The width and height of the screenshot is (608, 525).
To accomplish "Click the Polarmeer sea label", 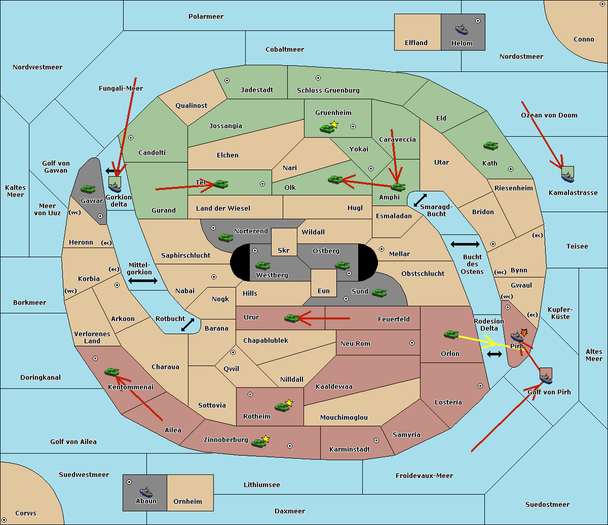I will coord(206,17).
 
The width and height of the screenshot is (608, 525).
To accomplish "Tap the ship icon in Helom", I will coord(462,29).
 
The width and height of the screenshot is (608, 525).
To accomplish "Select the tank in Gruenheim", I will coord(327,129).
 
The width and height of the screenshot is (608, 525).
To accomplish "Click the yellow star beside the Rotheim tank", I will coord(289,403).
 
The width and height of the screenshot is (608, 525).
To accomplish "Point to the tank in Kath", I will coord(490,146).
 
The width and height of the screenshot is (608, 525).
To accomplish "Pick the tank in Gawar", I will coord(88,189).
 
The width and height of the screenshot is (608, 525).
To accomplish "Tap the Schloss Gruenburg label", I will coord(328,91).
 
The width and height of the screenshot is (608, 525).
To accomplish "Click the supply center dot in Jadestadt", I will coord(227,80).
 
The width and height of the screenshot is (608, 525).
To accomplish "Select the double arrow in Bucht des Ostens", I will coord(465,245).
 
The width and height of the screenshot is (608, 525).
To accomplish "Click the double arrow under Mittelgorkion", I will coord(143,281).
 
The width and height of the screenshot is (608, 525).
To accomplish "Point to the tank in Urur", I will coord(291,318).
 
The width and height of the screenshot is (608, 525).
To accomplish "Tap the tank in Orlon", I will coord(451,335).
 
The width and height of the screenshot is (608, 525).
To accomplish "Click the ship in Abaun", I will coord(146,492).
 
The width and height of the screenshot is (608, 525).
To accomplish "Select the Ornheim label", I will coord(187,502).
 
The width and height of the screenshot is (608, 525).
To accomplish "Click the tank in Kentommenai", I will coord(111,372).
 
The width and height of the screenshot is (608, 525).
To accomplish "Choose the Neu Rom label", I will coord(355,344).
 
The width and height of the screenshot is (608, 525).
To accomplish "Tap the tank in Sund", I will coord(379,293).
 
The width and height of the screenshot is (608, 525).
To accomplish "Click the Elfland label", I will coord(416,43).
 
